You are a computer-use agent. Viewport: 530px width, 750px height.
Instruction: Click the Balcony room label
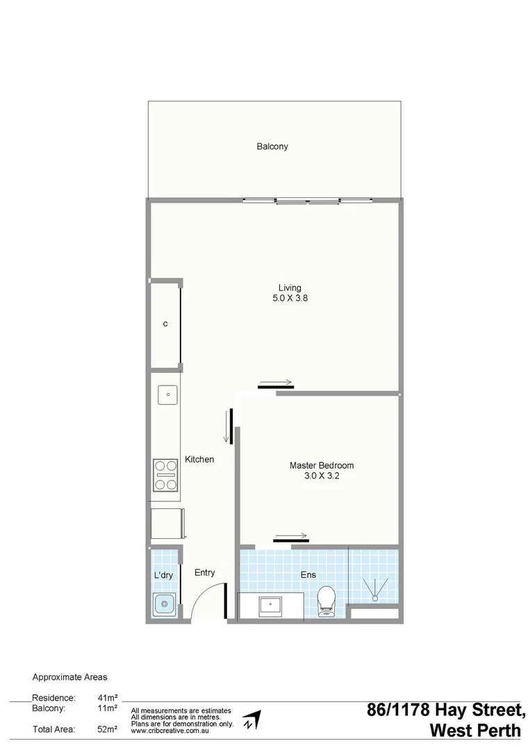[272, 147]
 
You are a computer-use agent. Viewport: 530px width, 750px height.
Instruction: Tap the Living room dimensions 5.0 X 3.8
[290, 299]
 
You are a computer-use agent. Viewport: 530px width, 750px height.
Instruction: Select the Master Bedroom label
[322, 465]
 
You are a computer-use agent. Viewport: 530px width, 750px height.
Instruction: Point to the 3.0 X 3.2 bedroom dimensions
[322, 476]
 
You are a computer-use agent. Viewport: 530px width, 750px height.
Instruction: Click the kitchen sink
[167, 395]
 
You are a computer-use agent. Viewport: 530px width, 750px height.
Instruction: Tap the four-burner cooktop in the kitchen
[166, 476]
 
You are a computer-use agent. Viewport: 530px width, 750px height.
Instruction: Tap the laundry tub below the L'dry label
[165, 605]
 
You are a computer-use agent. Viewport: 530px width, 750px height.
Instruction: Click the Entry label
[204, 573]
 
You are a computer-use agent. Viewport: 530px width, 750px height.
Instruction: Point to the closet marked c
[165, 324]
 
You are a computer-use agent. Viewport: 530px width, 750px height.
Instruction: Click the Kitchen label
[199, 460]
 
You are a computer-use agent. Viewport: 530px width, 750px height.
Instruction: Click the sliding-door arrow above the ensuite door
[291, 536]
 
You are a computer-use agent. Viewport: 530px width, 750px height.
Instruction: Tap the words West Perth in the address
[475, 731]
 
